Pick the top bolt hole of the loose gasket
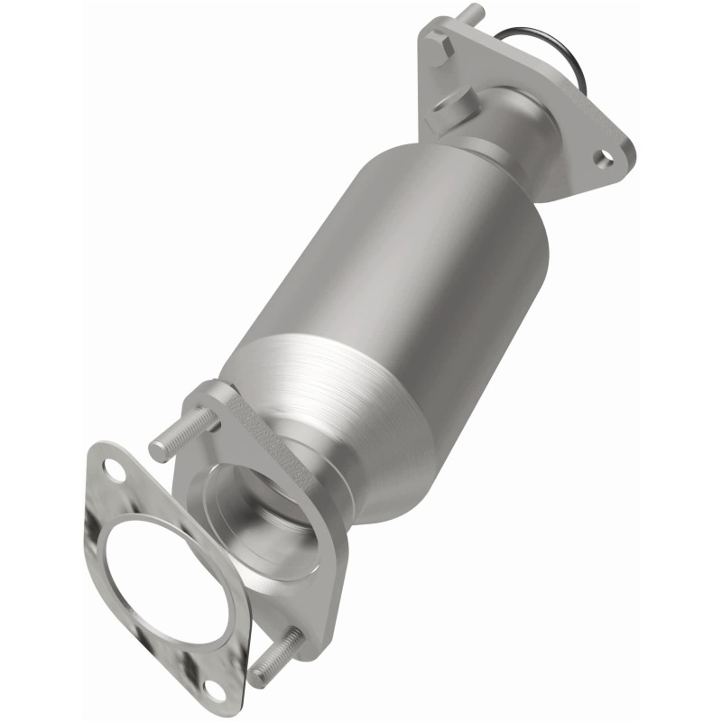(115, 468)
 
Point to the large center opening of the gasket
(162, 578)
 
